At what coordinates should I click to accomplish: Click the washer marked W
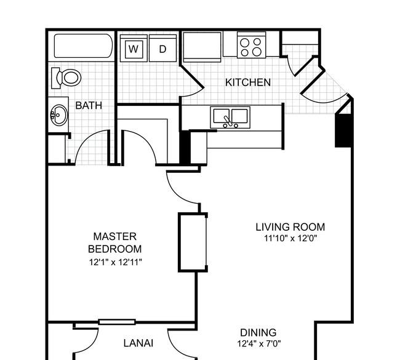click(x=134, y=48)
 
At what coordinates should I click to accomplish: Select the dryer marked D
click(x=162, y=48)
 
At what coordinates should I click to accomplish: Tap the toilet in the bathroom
click(x=66, y=78)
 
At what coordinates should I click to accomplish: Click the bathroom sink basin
click(x=59, y=115)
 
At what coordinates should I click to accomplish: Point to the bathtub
click(x=84, y=46)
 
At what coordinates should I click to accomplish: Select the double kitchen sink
click(x=230, y=118)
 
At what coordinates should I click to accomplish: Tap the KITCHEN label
click(x=248, y=82)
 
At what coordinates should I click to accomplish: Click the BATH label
click(x=89, y=105)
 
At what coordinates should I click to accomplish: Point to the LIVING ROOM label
click(x=290, y=227)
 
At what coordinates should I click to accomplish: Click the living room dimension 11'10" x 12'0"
click(x=290, y=238)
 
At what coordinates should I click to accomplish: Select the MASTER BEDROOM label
click(x=115, y=242)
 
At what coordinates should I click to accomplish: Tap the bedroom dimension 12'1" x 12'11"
click(x=115, y=262)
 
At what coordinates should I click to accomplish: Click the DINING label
click(x=258, y=333)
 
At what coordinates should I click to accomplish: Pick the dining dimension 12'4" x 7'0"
click(x=259, y=344)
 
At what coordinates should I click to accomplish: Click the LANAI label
click(x=138, y=343)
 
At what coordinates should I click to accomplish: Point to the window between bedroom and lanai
click(x=117, y=322)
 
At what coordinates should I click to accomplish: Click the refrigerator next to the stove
click(x=202, y=47)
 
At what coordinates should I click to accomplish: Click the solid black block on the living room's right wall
click(x=343, y=130)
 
